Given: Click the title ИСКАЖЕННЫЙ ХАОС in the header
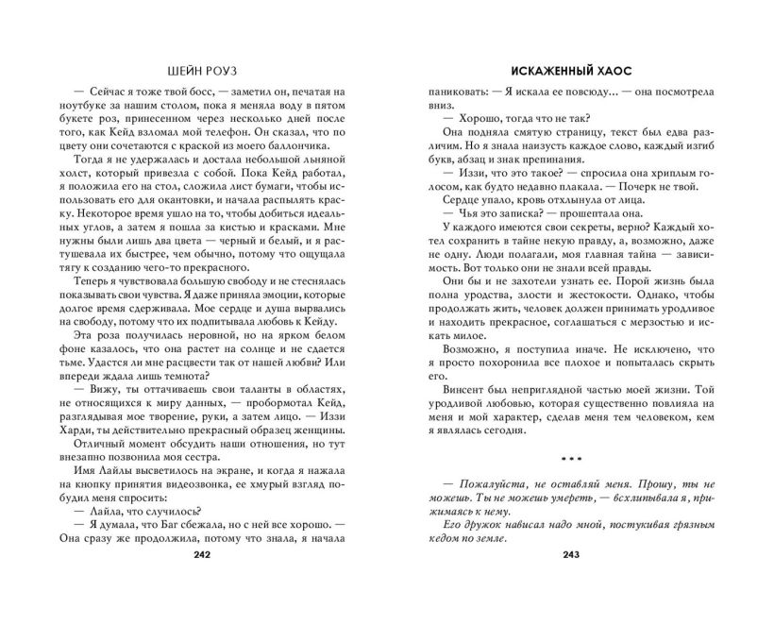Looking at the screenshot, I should pos(566,69).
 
